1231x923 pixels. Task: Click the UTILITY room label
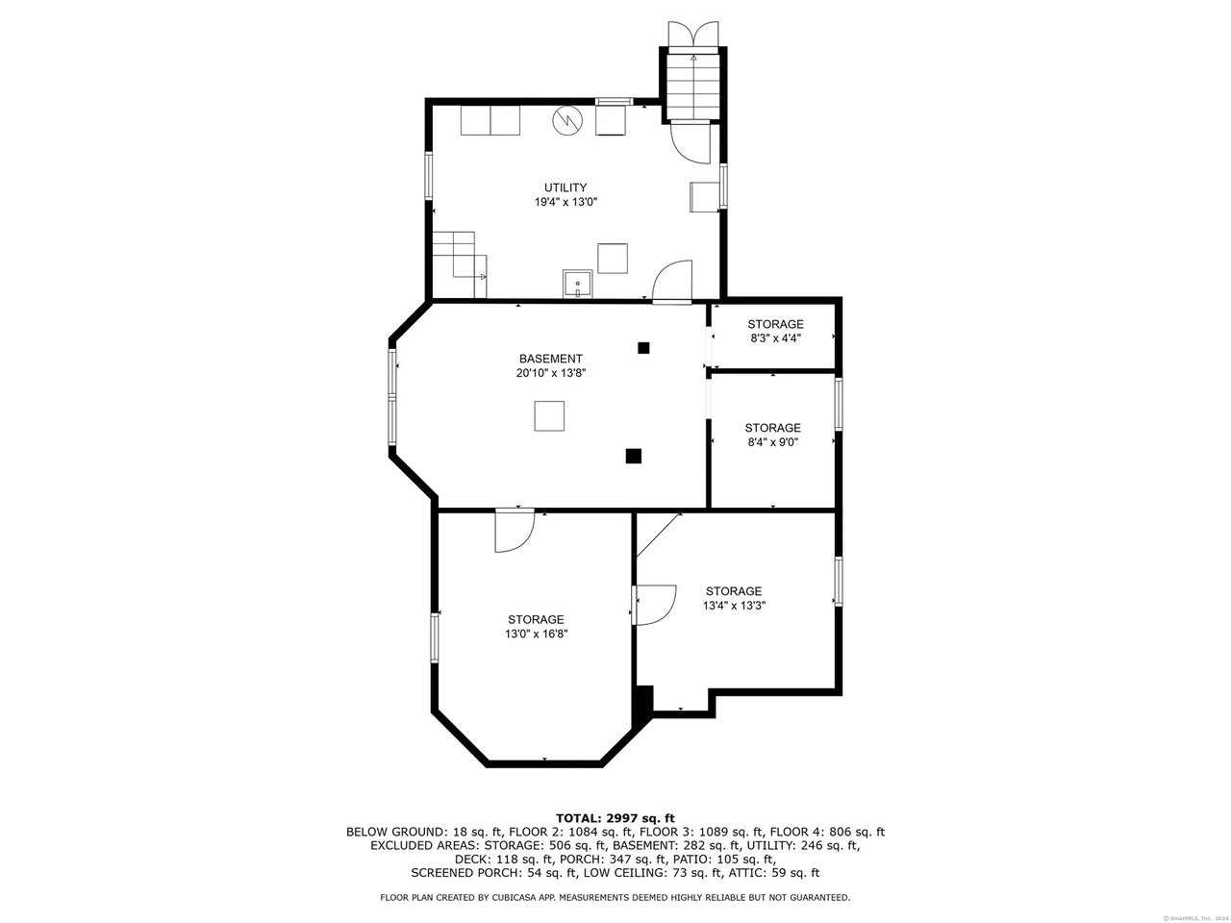pos(565,187)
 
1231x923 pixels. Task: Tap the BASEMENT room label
pos(551,359)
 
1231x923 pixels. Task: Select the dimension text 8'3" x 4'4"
pos(775,337)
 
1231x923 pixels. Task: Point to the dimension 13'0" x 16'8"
pos(536,634)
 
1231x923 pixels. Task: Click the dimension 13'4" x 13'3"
pos(734,606)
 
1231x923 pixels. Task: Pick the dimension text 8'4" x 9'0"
pos(773,442)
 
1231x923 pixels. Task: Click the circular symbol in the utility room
pos(567,120)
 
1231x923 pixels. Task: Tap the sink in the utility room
pos(578,285)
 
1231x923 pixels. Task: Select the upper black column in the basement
pos(643,348)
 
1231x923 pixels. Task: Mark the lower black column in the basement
pos(633,456)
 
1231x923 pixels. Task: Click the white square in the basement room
pos(549,415)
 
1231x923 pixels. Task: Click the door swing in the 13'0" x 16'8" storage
pos(515,530)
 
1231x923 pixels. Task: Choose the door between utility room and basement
pos(672,282)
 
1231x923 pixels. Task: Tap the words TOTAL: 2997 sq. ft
pos(615,818)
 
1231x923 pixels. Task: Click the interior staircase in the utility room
pos(460,264)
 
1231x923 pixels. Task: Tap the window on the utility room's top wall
pos(615,102)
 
